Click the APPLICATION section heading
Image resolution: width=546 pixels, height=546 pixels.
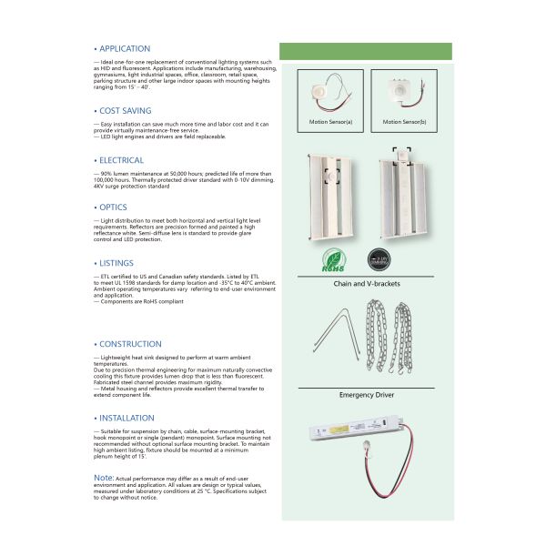tap(124, 48)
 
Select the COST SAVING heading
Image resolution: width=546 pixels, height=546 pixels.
tap(125, 110)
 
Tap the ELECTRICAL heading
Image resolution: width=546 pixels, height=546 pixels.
tap(121, 160)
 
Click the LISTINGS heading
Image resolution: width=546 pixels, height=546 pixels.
tap(116, 262)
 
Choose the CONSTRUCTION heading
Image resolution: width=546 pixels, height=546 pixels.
tap(130, 344)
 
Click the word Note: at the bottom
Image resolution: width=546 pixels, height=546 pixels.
tap(104, 477)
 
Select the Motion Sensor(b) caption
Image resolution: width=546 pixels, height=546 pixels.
tap(404, 121)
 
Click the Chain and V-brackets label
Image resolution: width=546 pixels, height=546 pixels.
tap(367, 284)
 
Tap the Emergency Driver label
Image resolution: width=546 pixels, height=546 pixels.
tap(366, 395)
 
